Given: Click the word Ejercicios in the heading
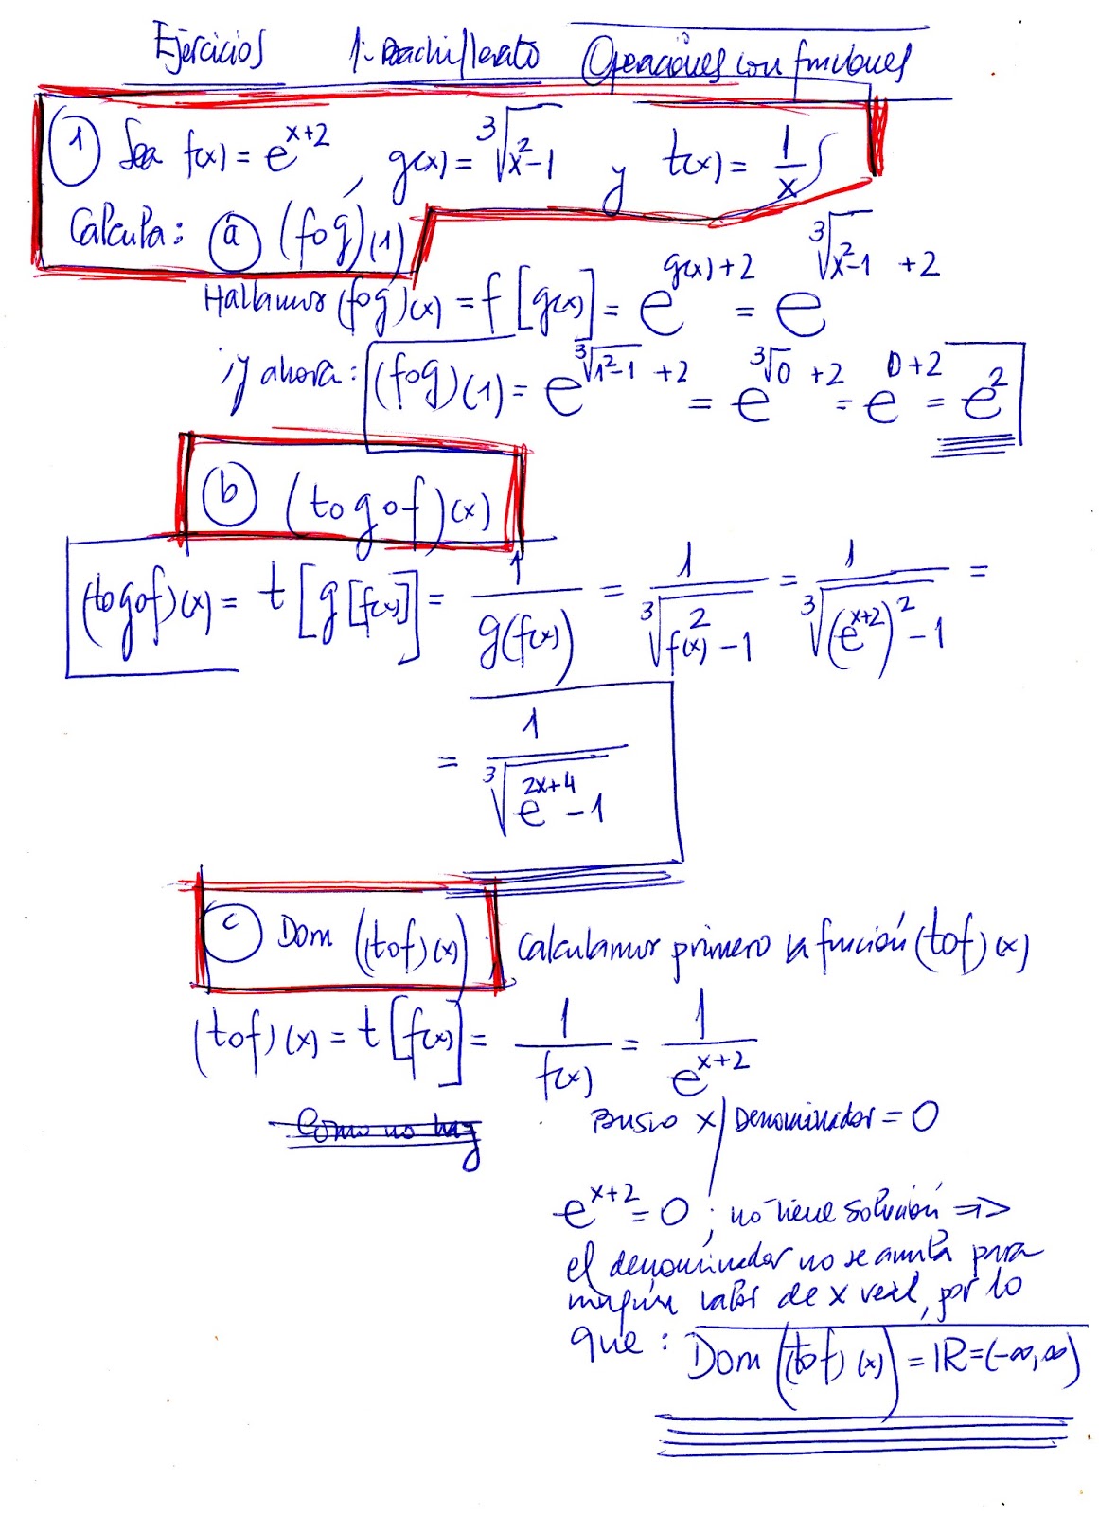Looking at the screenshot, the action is tap(209, 53).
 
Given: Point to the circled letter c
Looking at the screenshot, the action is tap(233, 934).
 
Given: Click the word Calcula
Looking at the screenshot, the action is tap(123, 230).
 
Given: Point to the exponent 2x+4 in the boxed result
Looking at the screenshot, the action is tap(548, 785).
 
